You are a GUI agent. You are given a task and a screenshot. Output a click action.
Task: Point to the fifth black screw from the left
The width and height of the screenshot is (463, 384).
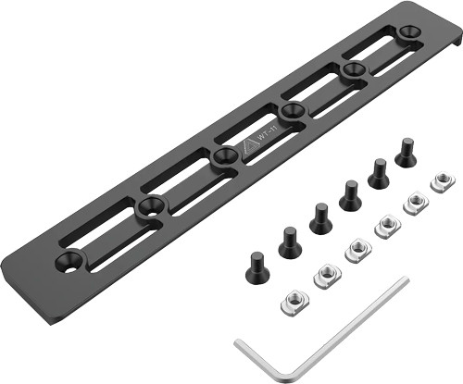(x=379, y=172)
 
